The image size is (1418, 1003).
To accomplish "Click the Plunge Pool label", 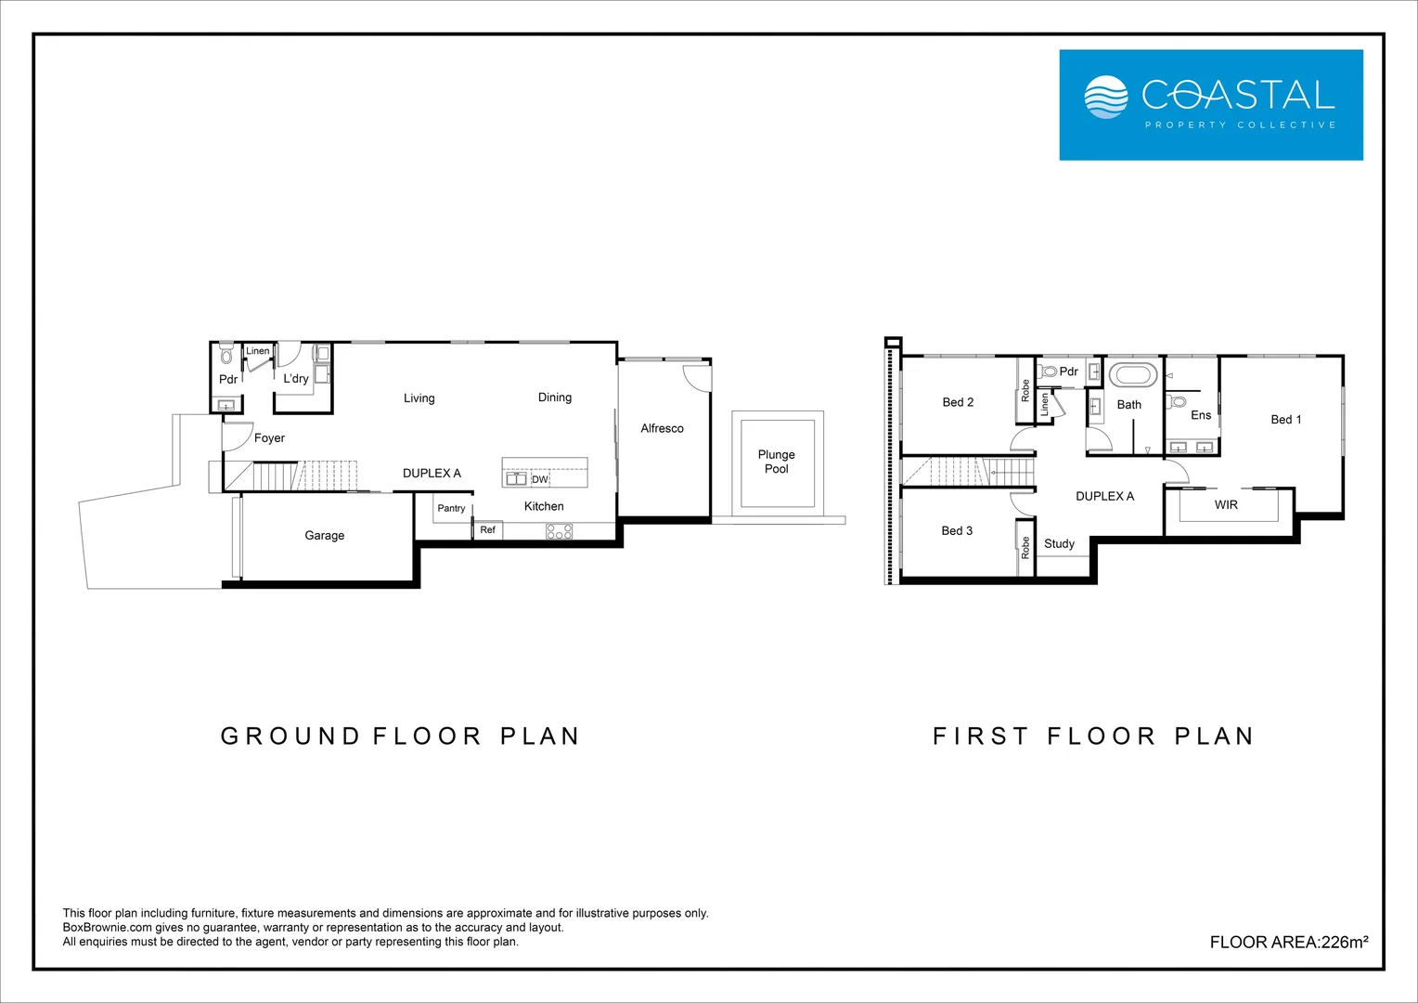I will pyautogui.click(x=776, y=462).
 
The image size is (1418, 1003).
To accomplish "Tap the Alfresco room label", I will pyautogui.click(x=662, y=428).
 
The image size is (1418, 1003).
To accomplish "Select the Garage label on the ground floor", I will pyautogui.click(x=324, y=535).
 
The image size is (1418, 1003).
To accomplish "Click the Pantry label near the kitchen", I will pyautogui.click(x=451, y=508).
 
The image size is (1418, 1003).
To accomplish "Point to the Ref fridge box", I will pyautogui.click(x=488, y=529).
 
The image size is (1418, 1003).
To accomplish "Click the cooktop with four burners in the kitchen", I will pyautogui.click(x=559, y=531).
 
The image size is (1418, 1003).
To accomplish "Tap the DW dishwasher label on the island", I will pyautogui.click(x=540, y=479).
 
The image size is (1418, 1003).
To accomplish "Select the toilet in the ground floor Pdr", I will pyautogui.click(x=226, y=356).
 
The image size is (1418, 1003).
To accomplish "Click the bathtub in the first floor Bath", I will pyautogui.click(x=1132, y=376).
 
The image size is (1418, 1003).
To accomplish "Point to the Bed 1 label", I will pyautogui.click(x=1285, y=420).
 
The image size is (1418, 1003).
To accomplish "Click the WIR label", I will pyautogui.click(x=1226, y=505).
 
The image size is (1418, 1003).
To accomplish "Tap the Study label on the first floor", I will pyautogui.click(x=1059, y=544).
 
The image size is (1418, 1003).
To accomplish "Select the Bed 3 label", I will pyautogui.click(x=957, y=531).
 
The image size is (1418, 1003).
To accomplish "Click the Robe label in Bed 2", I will pyautogui.click(x=1025, y=390).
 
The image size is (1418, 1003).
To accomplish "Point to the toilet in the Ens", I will pyautogui.click(x=1178, y=402).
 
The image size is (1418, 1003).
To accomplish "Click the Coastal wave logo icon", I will pyautogui.click(x=1105, y=97).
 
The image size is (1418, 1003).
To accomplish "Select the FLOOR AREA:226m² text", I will pyautogui.click(x=1288, y=942).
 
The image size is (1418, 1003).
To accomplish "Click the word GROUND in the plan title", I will pyautogui.click(x=290, y=736).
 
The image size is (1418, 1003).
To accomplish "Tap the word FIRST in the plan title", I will pyautogui.click(x=980, y=736).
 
